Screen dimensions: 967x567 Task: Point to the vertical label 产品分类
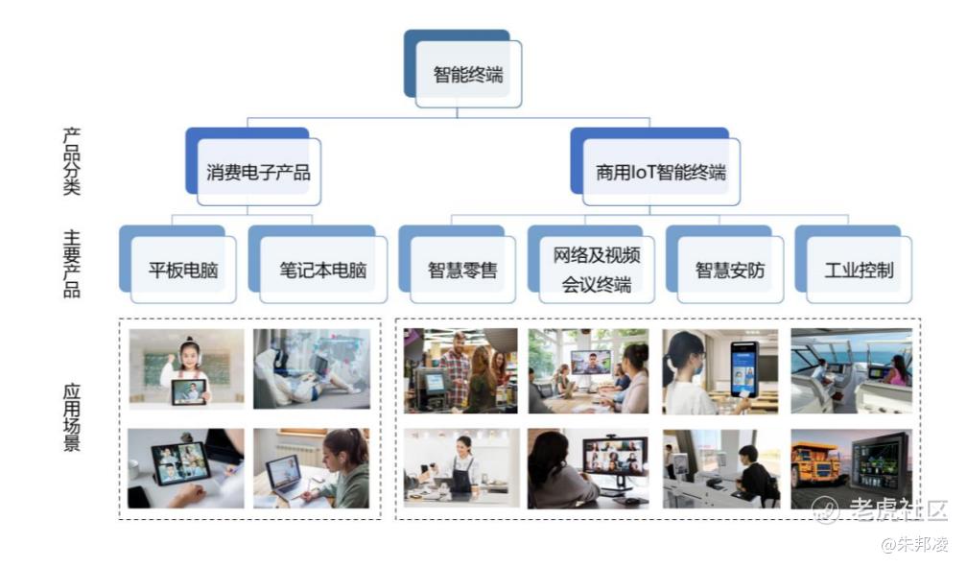click(72, 161)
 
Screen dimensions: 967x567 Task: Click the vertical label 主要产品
click(72, 264)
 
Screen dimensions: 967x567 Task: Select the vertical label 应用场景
click(72, 417)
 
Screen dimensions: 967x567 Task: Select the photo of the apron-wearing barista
click(461, 468)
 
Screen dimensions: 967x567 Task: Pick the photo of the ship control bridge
click(851, 370)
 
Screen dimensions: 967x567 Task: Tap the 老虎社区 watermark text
click(897, 509)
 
